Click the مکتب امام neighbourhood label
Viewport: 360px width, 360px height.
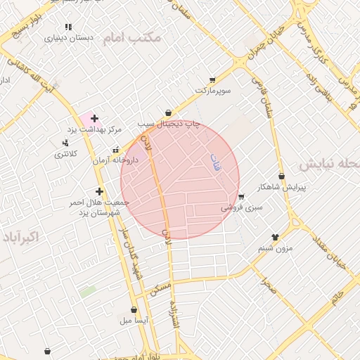click(x=132, y=37)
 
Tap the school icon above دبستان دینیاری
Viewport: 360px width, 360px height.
click(x=67, y=27)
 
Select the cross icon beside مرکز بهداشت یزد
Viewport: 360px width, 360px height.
click(x=95, y=118)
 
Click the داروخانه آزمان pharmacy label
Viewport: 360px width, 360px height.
click(x=116, y=160)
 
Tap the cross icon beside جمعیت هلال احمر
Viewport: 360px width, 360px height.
click(x=100, y=191)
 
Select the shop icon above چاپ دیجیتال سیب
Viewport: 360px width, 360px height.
click(x=168, y=112)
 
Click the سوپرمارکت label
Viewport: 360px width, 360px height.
click(x=213, y=91)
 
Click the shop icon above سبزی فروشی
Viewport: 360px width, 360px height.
click(x=241, y=197)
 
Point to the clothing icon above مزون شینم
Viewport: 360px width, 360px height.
click(x=275, y=238)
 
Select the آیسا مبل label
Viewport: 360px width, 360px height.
click(x=134, y=320)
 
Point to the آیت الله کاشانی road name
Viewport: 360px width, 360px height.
click(x=39, y=77)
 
